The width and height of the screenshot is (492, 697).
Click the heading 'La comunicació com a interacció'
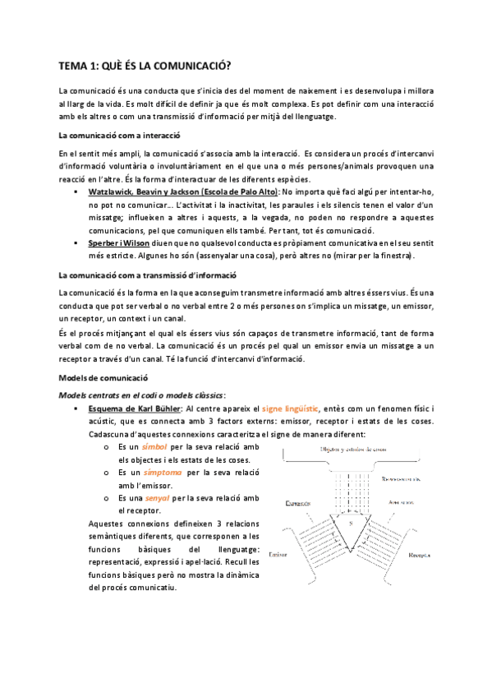pos(120,135)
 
